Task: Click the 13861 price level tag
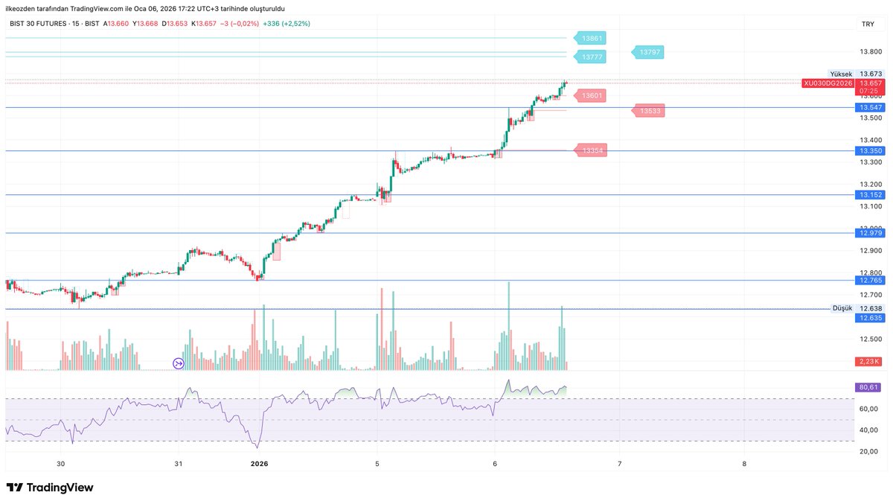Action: point(592,37)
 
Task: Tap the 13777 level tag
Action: point(592,57)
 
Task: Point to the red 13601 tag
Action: point(592,95)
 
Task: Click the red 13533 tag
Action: point(649,111)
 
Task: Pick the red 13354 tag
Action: point(592,151)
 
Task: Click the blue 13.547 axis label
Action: point(871,108)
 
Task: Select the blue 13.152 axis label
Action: point(871,195)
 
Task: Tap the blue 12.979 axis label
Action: point(871,233)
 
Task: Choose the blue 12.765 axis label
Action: point(871,281)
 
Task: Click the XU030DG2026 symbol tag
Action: point(828,83)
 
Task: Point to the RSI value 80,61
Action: point(869,387)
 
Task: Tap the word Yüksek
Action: point(842,74)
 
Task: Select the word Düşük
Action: point(842,308)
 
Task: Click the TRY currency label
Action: point(868,25)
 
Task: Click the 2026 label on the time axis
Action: point(259,464)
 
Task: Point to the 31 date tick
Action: point(179,464)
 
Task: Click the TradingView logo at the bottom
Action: point(50,488)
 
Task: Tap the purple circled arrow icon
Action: point(179,363)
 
